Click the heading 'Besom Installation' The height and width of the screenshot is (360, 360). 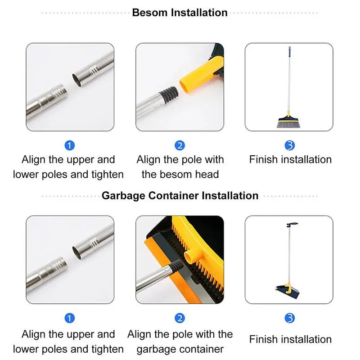pyautogui.click(x=180, y=13)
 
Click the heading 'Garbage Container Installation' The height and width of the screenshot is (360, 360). pyautogui.click(x=180, y=196)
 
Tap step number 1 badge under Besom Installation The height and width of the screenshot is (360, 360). pyautogui.click(x=70, y=145)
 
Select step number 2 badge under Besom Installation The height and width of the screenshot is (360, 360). pyautogui.click(x=180, y=145)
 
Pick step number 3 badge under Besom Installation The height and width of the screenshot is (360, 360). pyautogui.click(x=290, y=145)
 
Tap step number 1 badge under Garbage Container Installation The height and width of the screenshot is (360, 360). pyautogui.click(x=70, y=319)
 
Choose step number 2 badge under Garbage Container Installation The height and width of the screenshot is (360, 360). pyautogui.click(x=180, y=319)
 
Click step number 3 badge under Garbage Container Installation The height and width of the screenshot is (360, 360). pyautogui.click(x=290, y=319)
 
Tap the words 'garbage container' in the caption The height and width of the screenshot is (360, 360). pyautogui.click(x=180, y=349)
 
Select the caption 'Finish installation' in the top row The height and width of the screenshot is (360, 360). pyautogui.click(x=290, y=159)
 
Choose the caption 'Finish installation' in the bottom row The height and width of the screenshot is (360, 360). pyautogui.click(x=290, y=339)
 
